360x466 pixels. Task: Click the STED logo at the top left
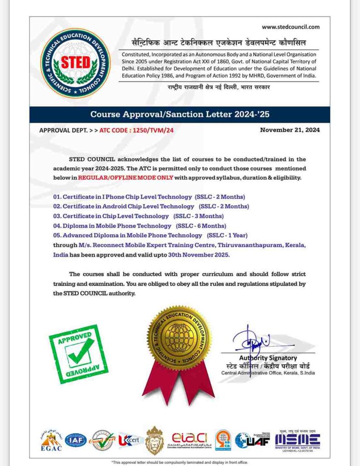[76, 63]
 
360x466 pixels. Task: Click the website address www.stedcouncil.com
[291, 27]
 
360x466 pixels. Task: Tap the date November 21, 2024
[290, 130]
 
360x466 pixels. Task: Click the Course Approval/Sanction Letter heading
[180, 114]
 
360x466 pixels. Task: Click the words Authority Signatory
[268, 358]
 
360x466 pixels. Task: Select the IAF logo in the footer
[76, 440]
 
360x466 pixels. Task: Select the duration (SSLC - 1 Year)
[228, 235]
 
